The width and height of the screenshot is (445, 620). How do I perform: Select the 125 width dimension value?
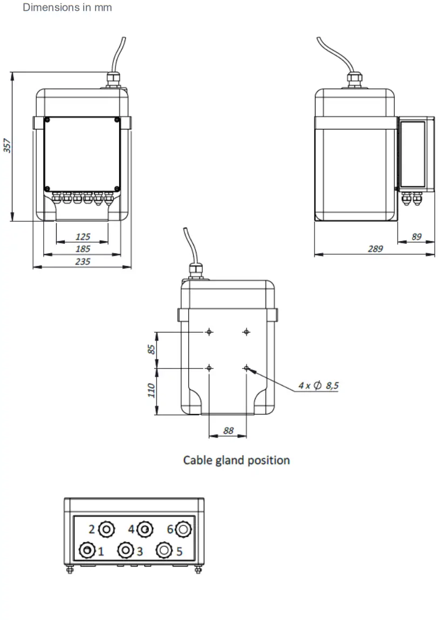[83, 236]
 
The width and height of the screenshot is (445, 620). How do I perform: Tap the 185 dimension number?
[83, 249]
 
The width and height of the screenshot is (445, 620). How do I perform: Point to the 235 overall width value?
[83, 261]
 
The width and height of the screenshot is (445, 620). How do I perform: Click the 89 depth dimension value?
[416, 236]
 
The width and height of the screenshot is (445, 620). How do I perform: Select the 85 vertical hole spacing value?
[152, 350]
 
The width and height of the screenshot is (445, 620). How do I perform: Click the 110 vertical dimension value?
[152, 390]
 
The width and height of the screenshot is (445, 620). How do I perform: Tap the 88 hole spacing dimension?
[228, 431]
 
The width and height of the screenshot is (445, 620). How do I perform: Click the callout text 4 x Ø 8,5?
[318, 385]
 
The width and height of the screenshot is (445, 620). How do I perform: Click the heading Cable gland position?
[236, 460]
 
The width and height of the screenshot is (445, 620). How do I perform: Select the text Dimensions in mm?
[67, 8]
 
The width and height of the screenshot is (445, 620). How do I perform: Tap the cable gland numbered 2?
[107, 529]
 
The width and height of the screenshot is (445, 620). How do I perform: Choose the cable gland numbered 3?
[126, 550]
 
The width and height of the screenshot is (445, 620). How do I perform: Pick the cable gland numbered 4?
[145, 529]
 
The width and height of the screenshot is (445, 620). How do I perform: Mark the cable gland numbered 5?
[164, 550]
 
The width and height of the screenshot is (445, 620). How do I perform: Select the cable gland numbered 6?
[183, 529]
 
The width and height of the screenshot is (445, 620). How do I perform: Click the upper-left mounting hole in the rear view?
[209, 332]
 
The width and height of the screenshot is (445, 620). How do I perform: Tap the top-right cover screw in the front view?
[117, 120]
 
